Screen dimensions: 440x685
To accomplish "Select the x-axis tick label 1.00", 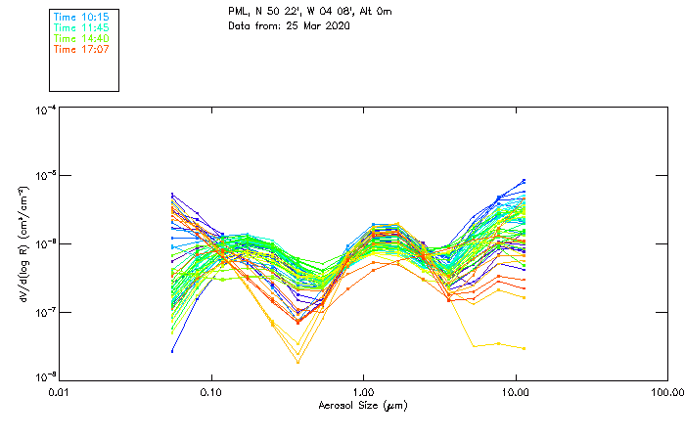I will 363,391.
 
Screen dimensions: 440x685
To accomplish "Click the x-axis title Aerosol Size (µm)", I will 363,405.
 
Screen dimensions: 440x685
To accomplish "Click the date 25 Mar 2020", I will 315,25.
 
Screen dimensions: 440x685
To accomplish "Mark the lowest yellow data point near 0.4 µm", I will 297,363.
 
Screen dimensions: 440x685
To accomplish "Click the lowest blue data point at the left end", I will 172,351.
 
